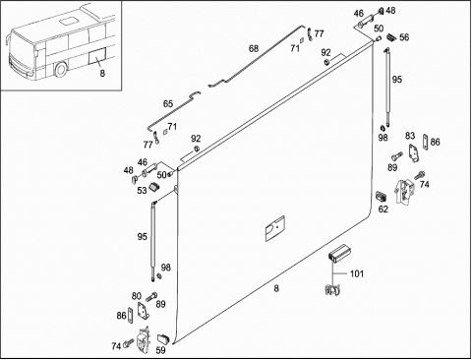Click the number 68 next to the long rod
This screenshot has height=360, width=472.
click(254, 48)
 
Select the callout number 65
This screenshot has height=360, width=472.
click(168, 104)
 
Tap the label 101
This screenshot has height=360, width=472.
click(357, 273)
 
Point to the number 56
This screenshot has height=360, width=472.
click(404, 37)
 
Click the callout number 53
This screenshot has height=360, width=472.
click(142, 191)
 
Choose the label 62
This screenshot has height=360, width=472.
click(383, 209)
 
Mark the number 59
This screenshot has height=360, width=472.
click(160, 350)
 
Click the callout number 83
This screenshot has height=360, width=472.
click(410, 136)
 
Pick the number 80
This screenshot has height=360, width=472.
click(137, 296)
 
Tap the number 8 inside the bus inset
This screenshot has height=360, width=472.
click(102, 73)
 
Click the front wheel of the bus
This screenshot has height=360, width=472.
click(61, 70)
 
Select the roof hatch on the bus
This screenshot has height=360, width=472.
click(68, 22)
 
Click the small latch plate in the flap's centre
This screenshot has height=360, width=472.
click(274, 228)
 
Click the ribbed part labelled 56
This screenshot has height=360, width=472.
click(391, 37)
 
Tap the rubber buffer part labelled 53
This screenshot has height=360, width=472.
click(153, 187)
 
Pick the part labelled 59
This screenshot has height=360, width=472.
click(163, 338)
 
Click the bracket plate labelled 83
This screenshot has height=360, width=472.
click(413, 152)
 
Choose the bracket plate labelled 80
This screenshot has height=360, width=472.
click(144, 311)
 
